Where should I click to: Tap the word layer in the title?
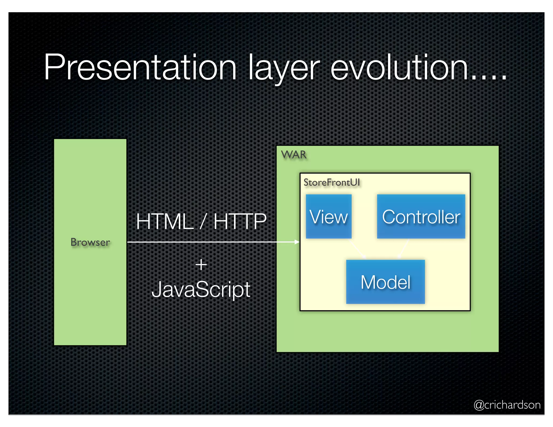[x=284, y=69]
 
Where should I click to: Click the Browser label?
[x=90, y=242]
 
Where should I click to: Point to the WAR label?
[x=294, y=155]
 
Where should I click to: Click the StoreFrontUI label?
[x=332, y=182]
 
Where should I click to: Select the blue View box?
[x=329, y=216]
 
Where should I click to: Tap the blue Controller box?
[x=421, y=216]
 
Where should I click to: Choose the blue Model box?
[x=385, y=282]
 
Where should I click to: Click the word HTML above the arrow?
[x=165, y=221]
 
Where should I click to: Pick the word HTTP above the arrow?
[x=240, y=221]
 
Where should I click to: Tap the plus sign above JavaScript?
[x=201, y=265]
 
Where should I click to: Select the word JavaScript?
[x=201, y=289]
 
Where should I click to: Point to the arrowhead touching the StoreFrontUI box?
[x=297, y=242]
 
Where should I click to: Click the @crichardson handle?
[x=507, y=405]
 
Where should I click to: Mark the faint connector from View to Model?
[x=358, y=249]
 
